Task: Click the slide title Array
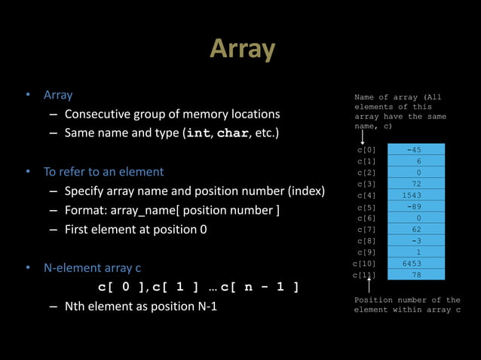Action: [x=242, y=50]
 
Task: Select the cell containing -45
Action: [x=414, y=149]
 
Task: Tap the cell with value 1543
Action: [x=414, y=195]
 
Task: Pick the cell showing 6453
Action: [x=414, y=264]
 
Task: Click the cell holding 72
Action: [x=414, y=184]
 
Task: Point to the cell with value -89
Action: [x=414, y=206]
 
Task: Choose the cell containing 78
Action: [x=414, y=275]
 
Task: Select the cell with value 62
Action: [x=414, y=229]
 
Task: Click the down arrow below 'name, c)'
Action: [x=363, y=136]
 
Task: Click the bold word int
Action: [x=198, y=135]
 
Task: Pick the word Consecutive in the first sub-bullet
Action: [x=97, y=114]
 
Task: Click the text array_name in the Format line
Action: [x=142, y=210]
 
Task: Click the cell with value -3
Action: [x=414, y=240]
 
